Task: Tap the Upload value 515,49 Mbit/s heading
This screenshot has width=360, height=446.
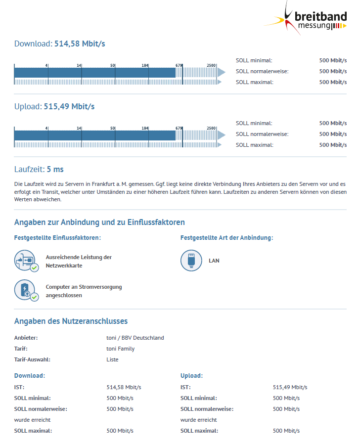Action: coord(69,106)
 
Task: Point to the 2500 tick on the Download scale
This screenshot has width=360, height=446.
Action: coord(211,65)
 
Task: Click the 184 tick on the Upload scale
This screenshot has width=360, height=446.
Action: coord(145,128)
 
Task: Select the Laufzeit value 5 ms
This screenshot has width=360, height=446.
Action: coord(55,170)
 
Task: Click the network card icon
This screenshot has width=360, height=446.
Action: coord(26,261)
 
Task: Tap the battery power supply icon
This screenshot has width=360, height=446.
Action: coord(26,291)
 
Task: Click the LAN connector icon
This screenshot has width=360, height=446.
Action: coord(191,261)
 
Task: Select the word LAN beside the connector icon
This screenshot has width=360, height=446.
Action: coord(214,260)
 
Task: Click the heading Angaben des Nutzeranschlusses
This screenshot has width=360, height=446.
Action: coord(71,321)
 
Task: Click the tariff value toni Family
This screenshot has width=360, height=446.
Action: coord(121,349)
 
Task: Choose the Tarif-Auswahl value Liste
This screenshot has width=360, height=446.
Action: coord(113,359)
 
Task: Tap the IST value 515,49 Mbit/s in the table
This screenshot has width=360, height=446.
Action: coord(290,387)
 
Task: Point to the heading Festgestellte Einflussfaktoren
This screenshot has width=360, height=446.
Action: coord(57,238)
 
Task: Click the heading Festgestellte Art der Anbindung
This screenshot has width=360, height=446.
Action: coord(226,238)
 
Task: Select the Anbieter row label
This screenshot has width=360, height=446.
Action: coord(26,338)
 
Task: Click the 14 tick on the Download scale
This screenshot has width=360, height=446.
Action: coord(79,65)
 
